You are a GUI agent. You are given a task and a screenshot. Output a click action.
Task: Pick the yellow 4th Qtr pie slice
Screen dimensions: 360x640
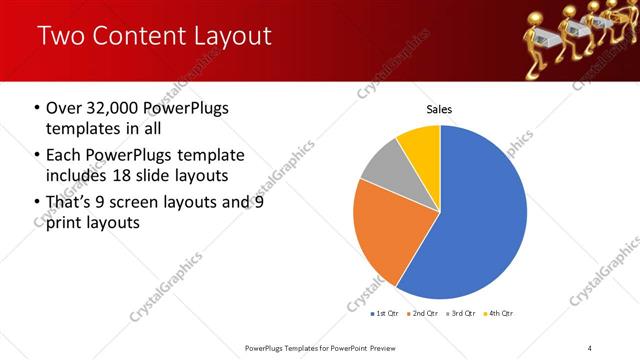tap(420, 145)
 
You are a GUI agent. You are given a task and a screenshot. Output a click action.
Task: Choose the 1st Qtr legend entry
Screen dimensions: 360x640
tap(385, 314)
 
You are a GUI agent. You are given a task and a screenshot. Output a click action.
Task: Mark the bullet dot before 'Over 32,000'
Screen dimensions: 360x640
tap(37, 108)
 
